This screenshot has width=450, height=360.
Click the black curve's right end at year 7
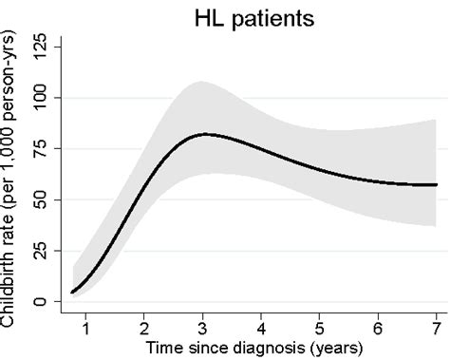(437, 184)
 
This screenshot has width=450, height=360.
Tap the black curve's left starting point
(71, 293)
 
